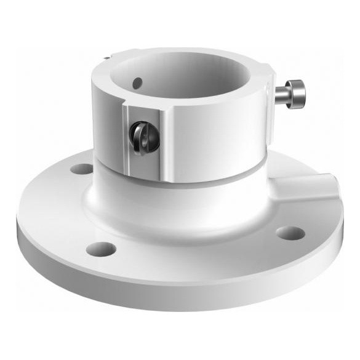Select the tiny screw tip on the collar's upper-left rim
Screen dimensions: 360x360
[x=107, y=59]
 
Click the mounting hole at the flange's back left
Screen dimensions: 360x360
[x=80, y=167]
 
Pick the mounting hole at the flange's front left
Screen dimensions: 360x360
[x=101, y=249]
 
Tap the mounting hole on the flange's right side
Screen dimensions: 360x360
[x=289, y=232]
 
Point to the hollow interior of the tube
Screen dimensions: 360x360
[x=191, y=74]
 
